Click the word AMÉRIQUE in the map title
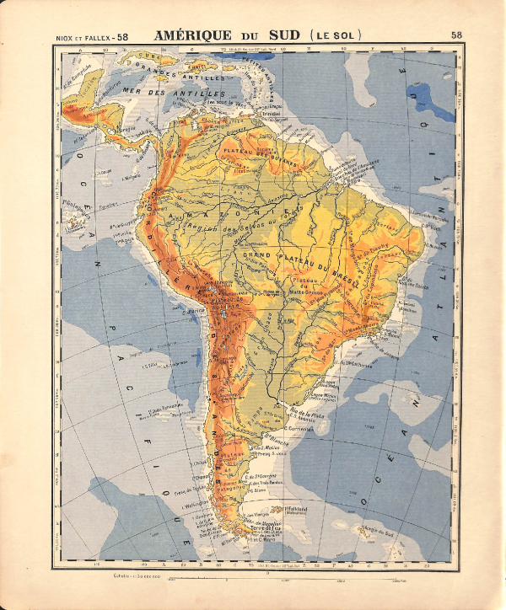tap(191, 35)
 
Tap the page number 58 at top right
tap(456, 35)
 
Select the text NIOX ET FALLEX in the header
tap(83, 36)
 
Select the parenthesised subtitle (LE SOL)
tap(336, 35)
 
